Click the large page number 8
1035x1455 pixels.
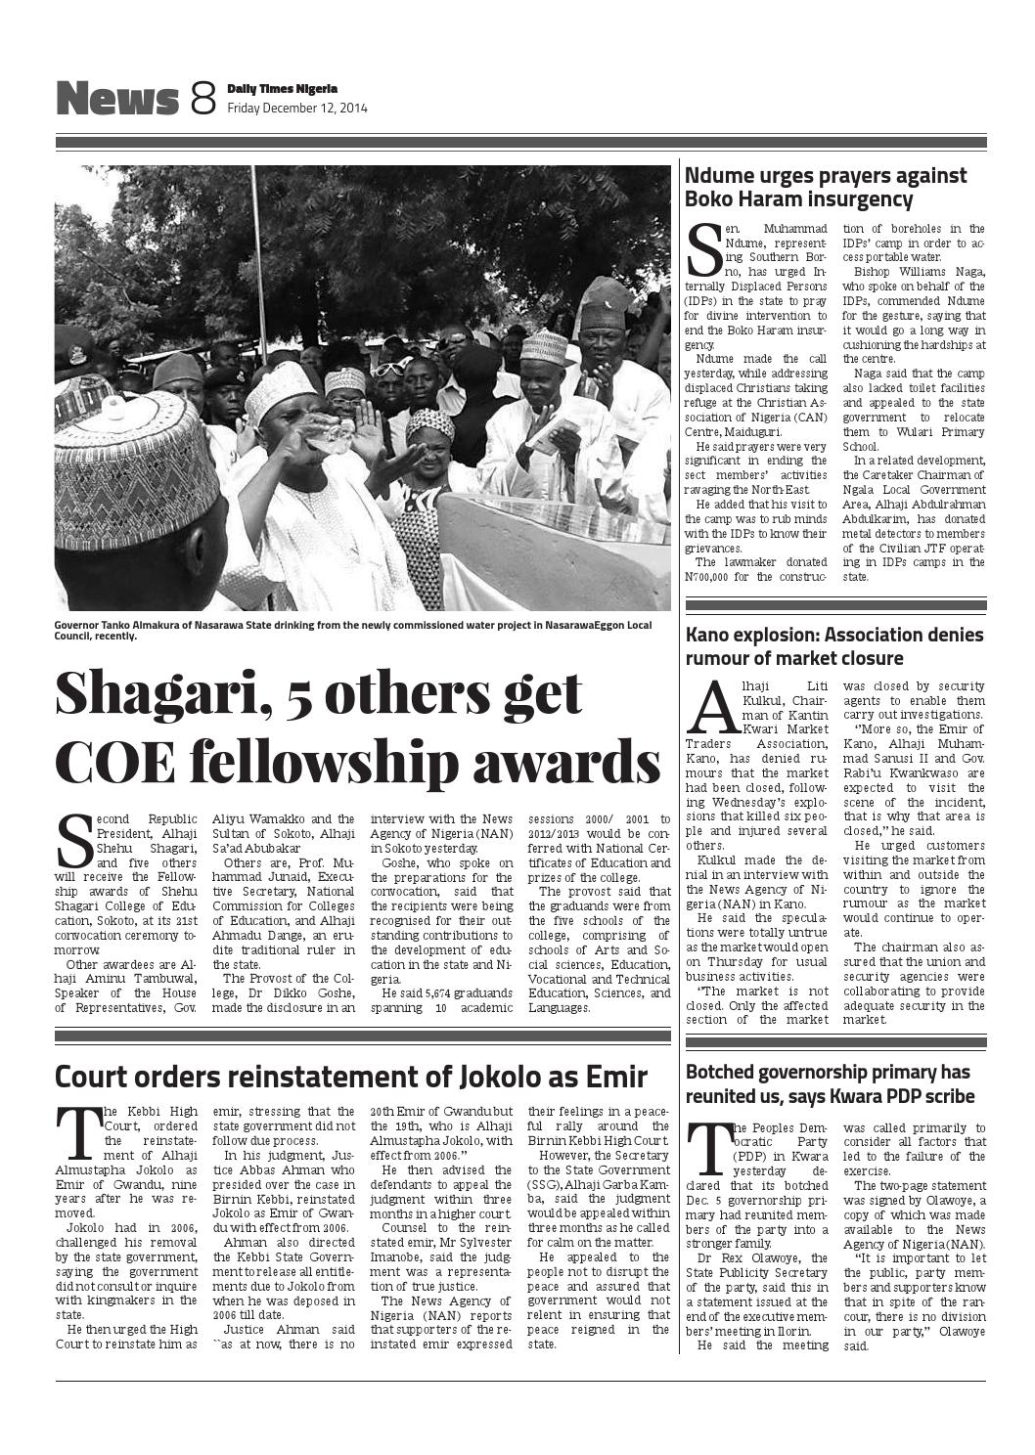pyautogui.click(x=202, y=99)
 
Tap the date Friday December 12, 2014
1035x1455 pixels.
pyautogui.click(x=297, y=109)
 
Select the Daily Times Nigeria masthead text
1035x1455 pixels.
pyautogui.click(x=283, y=89)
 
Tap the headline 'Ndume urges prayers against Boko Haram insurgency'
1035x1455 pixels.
pyautogui.click(x=826, y=188)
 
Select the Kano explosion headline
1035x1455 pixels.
pyautogui.click(x=834, y=646)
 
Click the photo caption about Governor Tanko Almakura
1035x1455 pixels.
pyautogui.click(x=352, y=629)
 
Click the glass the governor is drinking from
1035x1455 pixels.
pyautogui.click(x=337, y=433)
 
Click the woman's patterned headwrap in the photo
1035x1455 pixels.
pyautogui.click(x=429, y=424)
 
